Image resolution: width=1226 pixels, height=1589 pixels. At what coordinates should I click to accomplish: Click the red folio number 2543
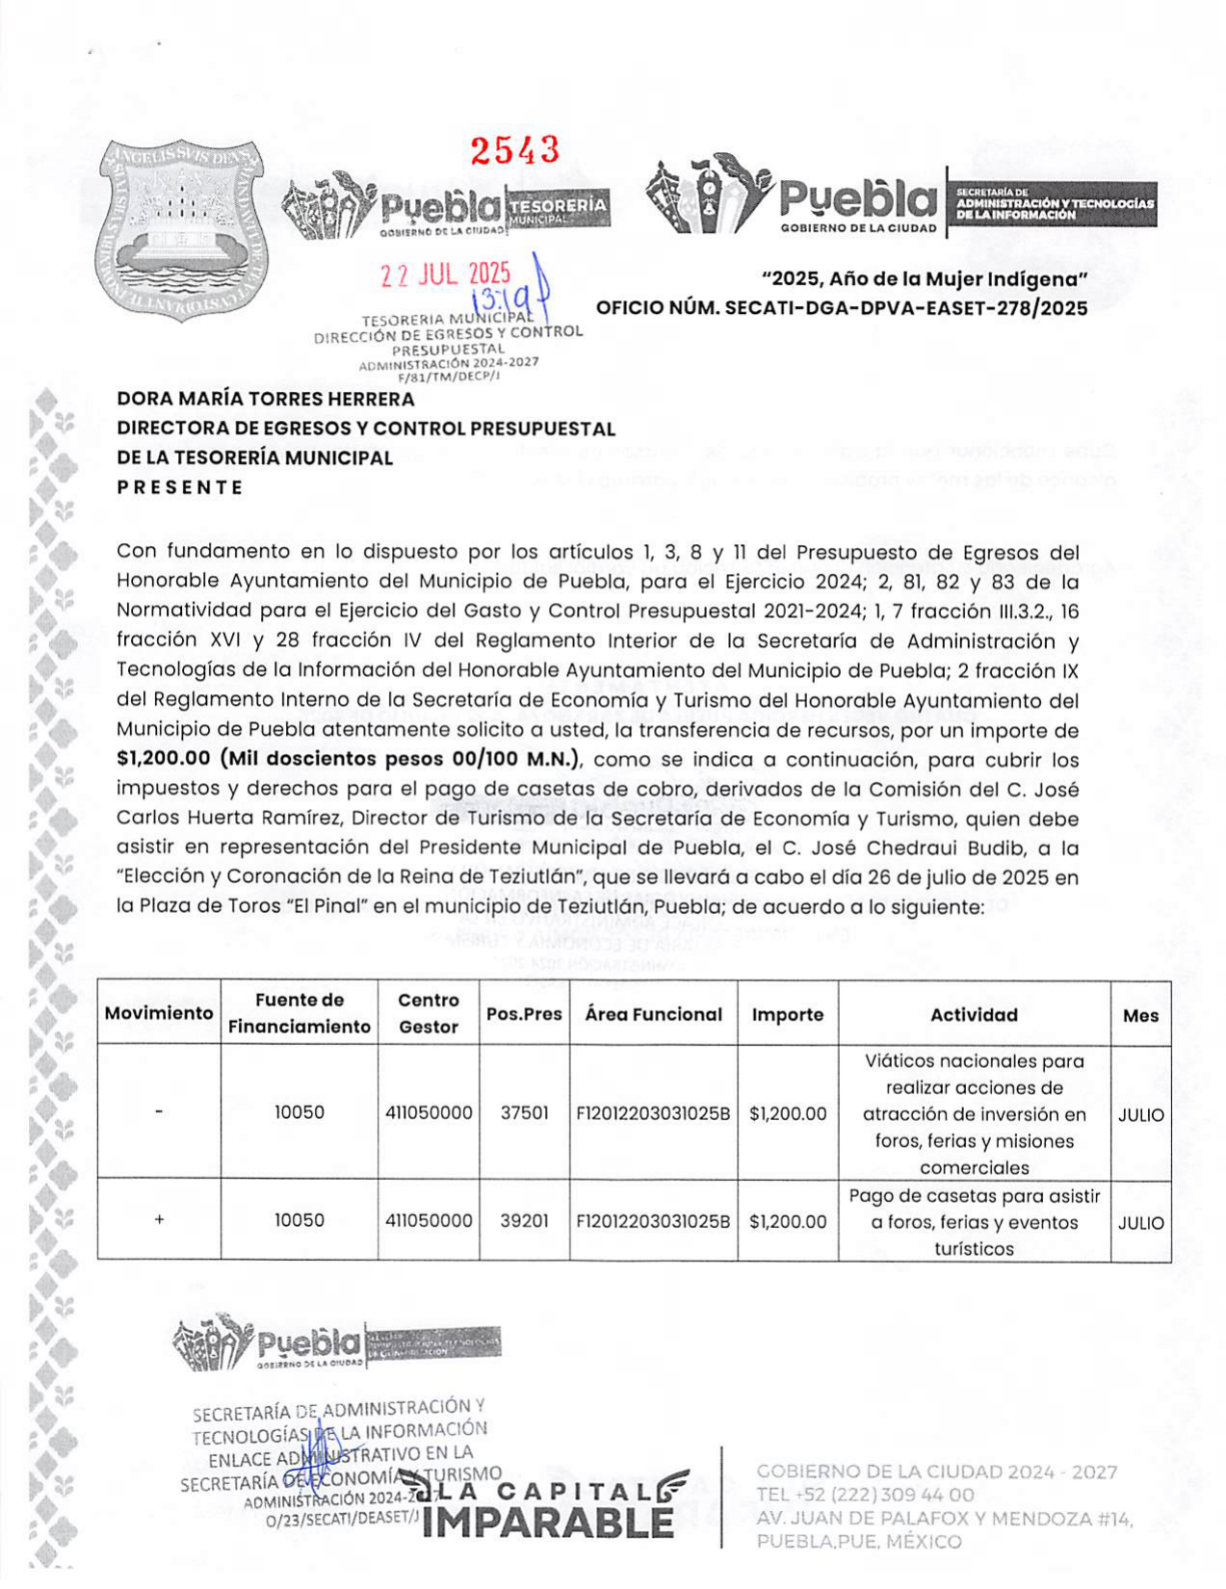tap(514, 150)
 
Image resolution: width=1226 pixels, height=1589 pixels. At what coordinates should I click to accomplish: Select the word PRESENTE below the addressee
tap(180, 487)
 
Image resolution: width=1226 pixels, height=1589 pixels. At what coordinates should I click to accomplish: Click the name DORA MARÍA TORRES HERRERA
tap(266, 399)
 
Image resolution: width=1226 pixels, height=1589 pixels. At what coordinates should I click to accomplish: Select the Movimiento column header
tap(159, 1013)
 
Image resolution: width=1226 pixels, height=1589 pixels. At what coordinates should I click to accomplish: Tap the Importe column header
tap(787, 1014)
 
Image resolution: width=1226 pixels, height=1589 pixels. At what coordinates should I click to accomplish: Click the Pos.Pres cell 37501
tap(524, 1112)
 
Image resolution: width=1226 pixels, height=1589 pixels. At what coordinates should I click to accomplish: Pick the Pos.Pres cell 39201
tap(524, 1220)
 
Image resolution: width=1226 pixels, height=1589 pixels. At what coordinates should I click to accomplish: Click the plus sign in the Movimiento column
tap(159, 1220)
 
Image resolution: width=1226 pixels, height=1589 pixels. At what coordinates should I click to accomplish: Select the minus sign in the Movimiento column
tap(159, 1112)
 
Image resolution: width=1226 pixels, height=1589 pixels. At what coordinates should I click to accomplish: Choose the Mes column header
tap(1140, 1015)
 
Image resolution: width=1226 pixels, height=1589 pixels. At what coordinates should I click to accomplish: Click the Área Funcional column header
tap(653, 1014)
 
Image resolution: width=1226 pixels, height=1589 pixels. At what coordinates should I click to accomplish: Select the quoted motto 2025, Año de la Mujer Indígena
tap(924, 279)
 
